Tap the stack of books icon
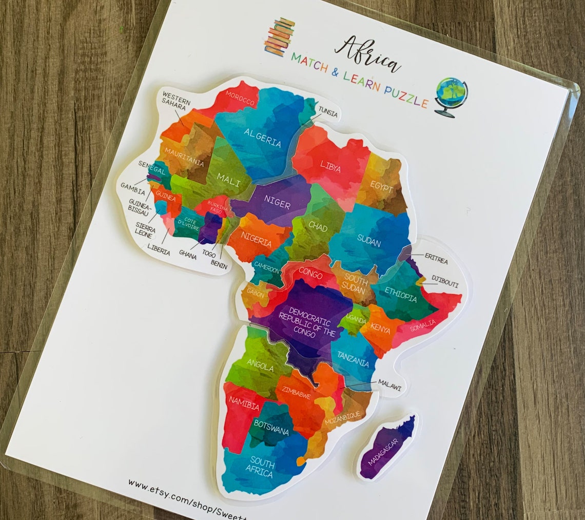click(280, 36)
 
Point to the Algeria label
click(263, 138)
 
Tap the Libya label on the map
click(330, 165)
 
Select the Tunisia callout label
click(328, 111)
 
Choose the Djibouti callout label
click(445, 284)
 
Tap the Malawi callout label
click(389, 383)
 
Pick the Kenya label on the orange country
click(380, 328)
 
